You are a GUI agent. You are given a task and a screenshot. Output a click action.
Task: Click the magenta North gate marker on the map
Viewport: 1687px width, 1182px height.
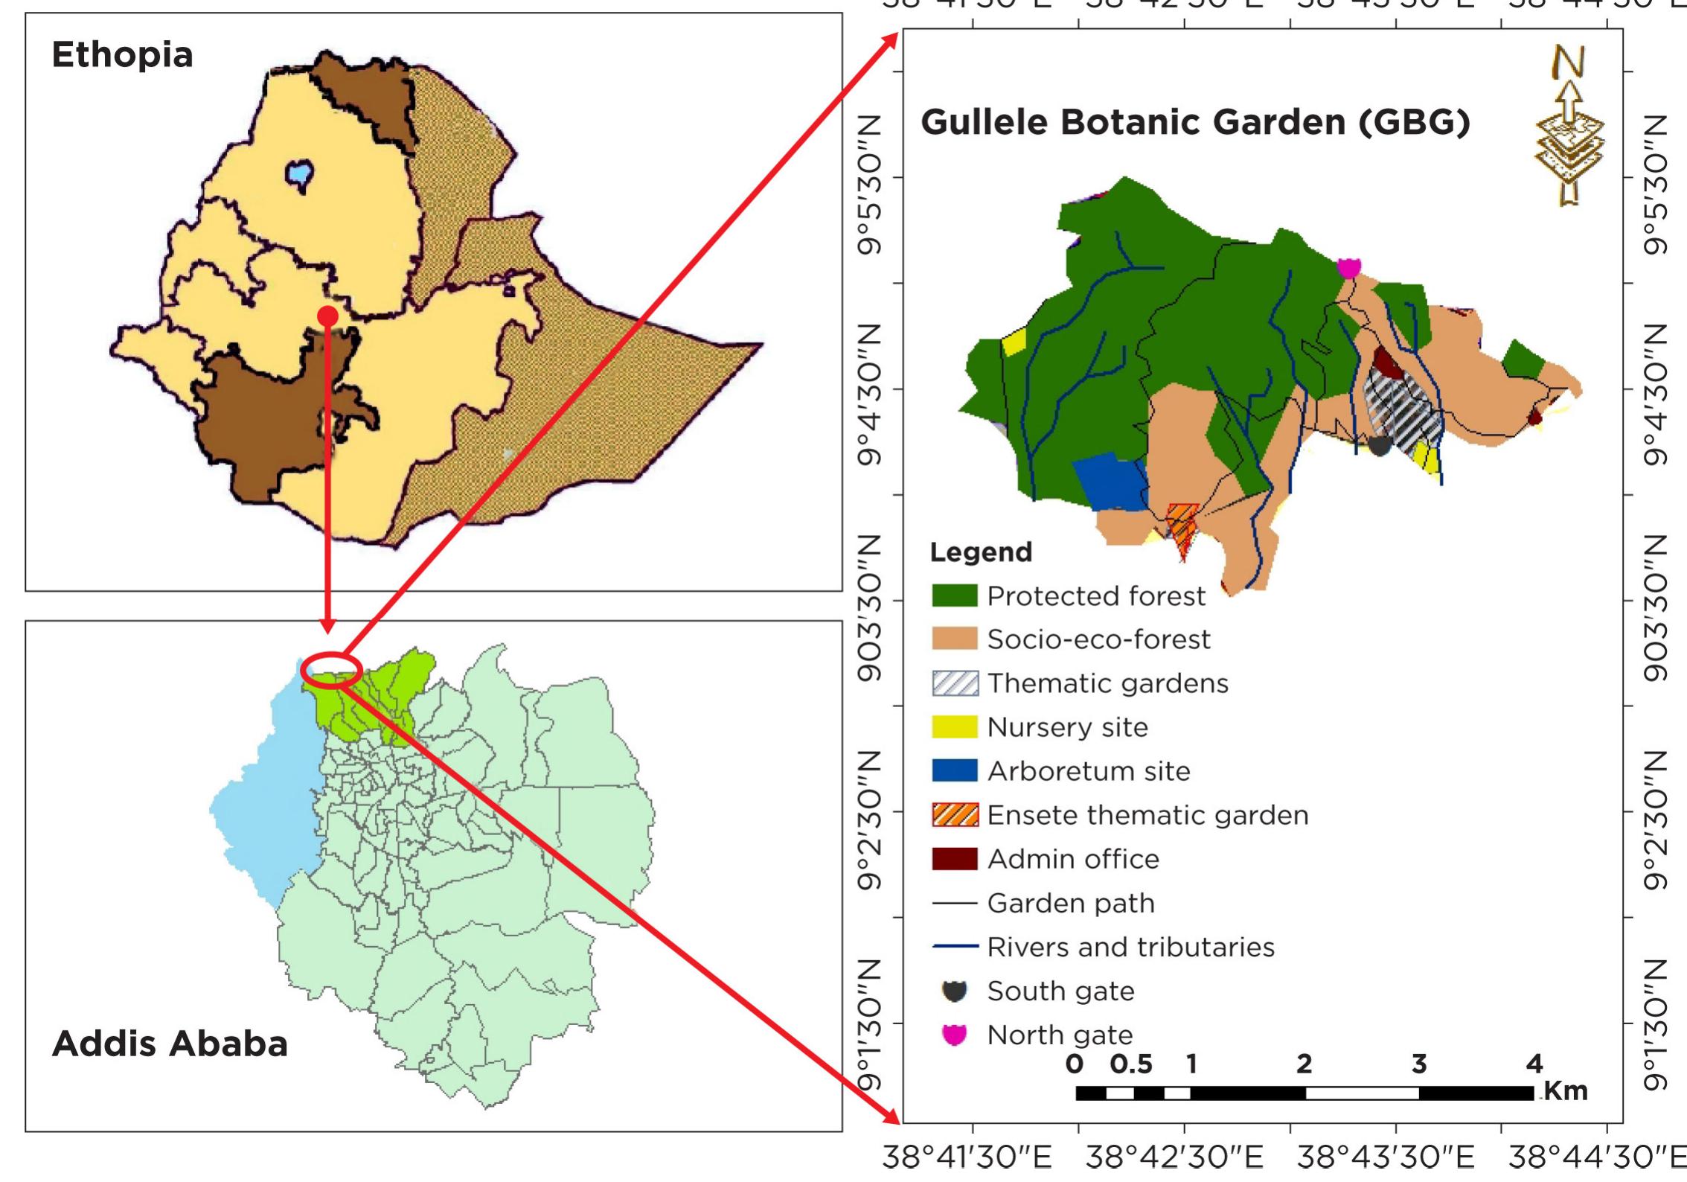pos(1348,266)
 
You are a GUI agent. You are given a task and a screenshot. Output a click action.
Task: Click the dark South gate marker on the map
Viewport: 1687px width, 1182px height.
pos(1380,445)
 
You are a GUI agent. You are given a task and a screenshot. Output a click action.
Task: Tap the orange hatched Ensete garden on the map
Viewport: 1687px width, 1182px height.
pos(1182,524)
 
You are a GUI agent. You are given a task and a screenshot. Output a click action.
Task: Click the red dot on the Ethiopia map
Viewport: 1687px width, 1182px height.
pos(328,316)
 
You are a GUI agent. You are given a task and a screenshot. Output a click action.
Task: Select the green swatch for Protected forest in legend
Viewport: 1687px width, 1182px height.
pos(954,595)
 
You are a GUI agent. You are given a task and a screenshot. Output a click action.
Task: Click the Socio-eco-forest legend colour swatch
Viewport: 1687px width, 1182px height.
pos(954,639)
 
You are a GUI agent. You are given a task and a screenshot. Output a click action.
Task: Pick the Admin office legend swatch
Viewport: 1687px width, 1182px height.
pos(954,859)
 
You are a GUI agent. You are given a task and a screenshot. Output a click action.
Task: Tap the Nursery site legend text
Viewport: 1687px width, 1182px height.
pos(1067,727)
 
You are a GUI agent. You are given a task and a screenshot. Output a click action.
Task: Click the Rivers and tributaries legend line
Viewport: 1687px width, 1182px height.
pos(954,947)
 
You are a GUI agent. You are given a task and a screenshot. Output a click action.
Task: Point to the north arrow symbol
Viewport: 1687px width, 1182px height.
pos(1569,134)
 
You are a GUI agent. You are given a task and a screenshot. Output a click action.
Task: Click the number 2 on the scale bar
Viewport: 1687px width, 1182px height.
pos(1304,1064)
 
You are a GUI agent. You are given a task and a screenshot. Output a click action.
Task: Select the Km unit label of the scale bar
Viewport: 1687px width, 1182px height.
pos(1566,1091)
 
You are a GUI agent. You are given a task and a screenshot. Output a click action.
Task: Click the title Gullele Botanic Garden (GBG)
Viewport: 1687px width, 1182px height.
pos(1195,123)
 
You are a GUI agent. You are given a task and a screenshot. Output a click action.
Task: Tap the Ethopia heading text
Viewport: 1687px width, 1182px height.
pos(122,55)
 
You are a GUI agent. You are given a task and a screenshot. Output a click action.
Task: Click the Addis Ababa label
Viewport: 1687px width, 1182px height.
pos(170,1044)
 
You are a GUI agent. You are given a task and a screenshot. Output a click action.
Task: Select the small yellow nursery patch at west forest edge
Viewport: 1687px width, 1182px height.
pos(1014,342)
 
